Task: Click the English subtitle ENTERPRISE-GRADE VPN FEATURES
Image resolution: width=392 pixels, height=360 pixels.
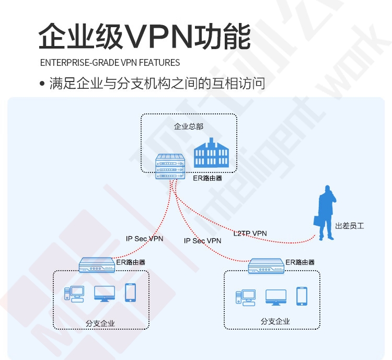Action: tap(110, 63)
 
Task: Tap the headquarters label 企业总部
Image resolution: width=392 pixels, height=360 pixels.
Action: tap(189, 126)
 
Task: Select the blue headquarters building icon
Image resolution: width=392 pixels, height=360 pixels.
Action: tap(211, 153)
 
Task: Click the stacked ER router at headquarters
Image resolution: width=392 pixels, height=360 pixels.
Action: tap(170, 166)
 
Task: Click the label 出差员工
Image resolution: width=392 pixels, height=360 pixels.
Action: tap(350, 226)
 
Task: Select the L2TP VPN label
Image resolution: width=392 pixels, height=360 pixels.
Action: tap(250, 234)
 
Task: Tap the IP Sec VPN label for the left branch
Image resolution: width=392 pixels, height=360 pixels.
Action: tap(144, 239)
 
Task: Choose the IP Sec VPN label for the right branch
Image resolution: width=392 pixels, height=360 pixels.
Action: tap(202, 241)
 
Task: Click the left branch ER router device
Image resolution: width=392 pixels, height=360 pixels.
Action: tap(97, 265)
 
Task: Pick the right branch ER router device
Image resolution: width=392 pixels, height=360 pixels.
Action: tap(266, 266)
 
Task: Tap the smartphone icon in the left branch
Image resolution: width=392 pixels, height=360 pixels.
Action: tap(130, 293)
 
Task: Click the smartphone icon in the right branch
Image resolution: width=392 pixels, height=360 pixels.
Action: tap(302, 296)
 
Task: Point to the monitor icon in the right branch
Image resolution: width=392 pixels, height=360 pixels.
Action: tap(276, 297)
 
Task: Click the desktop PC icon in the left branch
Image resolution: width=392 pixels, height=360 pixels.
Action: tap(74, 294)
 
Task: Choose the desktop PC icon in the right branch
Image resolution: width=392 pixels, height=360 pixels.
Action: tap(246, 298)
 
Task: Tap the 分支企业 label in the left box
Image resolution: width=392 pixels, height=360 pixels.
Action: tap(100, 323)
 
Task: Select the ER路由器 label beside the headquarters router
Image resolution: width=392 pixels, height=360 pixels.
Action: tap(207, 178)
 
